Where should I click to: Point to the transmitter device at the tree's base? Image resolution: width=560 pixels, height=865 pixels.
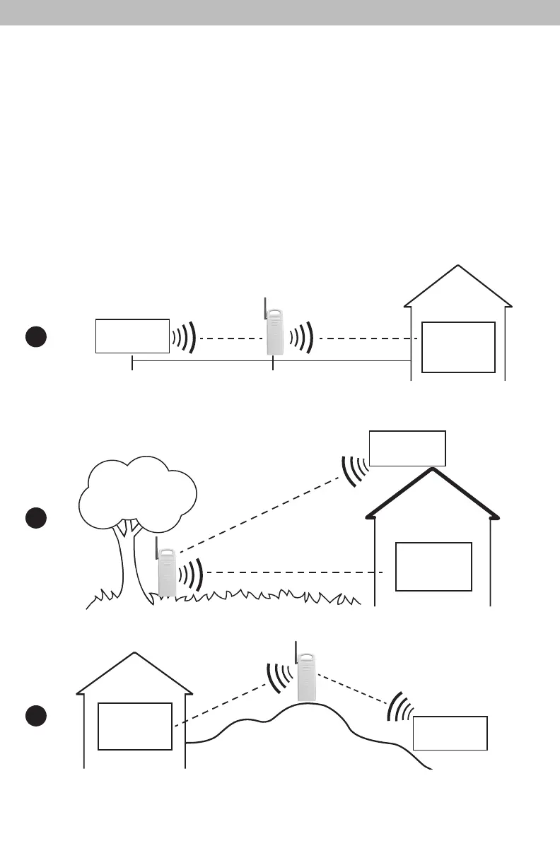[x=167, y=572]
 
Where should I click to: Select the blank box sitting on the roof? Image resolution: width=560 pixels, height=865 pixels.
[x=407, y=448]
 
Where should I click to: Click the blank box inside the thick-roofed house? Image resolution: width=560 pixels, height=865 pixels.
[x=433, y=566]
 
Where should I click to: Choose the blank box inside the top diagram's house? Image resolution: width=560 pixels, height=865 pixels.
[x=458, y=346]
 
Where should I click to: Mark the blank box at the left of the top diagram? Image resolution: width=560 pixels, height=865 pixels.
[x=132, y=336]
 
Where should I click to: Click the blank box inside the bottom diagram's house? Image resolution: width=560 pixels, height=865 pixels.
[x=134, y=726]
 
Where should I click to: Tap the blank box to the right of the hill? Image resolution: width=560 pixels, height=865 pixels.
[x=450, y=733]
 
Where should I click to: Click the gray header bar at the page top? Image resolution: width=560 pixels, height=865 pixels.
[x=280, y=13]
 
